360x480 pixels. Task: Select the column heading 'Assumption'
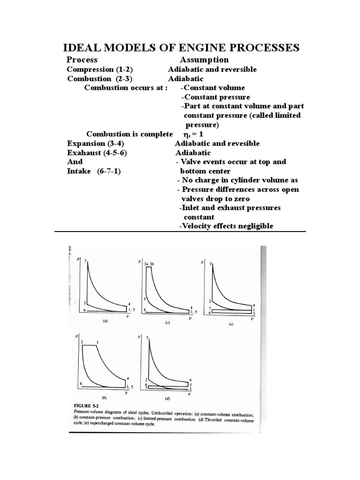[204, 60]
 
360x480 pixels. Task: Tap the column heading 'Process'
[82, 60]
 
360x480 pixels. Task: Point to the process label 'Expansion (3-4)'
[96, 143]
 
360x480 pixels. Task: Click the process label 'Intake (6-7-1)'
[94, 171]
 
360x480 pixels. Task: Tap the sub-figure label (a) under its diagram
[105, 322]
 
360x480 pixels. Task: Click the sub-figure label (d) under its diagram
[167, 398]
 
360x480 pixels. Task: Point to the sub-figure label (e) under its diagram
[231, 324]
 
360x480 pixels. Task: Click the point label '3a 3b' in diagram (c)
[149, 264]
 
